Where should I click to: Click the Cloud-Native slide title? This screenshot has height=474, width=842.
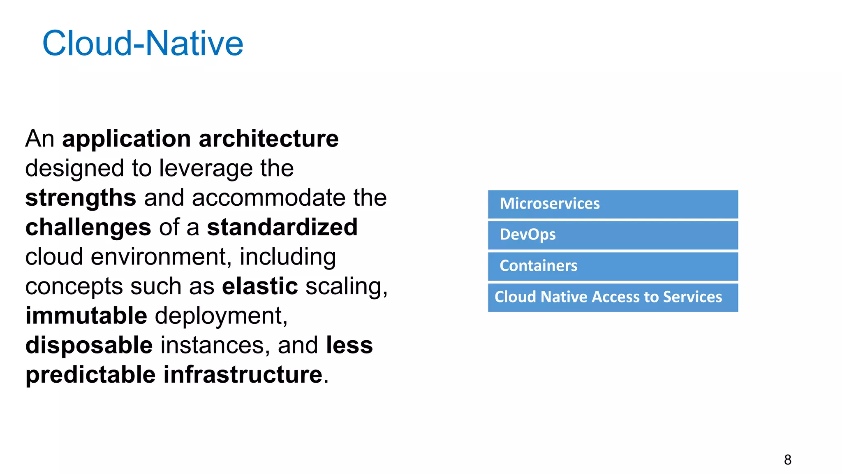coord(143,43)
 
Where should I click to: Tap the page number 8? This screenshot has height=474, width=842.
coord(787,460)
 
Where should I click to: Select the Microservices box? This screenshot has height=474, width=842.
coord(613,204)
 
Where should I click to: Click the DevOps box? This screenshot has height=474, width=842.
coord(613,235)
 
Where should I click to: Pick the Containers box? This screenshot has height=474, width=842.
coord(613,266)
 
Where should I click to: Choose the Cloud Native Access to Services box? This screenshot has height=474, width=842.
coord(613,297)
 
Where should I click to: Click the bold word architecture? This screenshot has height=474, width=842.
coord(268,139)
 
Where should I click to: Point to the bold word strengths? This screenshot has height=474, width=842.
coord(81,198)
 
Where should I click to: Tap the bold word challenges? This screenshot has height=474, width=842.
coord(88,228)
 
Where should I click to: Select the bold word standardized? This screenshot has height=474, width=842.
coord(282,227)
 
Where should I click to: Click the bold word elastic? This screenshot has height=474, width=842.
coord(260,286)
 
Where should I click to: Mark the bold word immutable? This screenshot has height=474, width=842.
coord(86,316)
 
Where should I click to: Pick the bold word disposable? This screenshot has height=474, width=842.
coord(89,345)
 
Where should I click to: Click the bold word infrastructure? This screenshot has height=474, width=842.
coord(243,374)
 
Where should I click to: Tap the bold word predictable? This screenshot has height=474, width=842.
coord(90,374)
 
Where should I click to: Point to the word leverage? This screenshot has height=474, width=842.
coord(206,169)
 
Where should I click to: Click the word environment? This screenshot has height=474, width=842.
coord(158,257)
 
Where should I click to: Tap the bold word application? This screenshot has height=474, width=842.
coord(126,139)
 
